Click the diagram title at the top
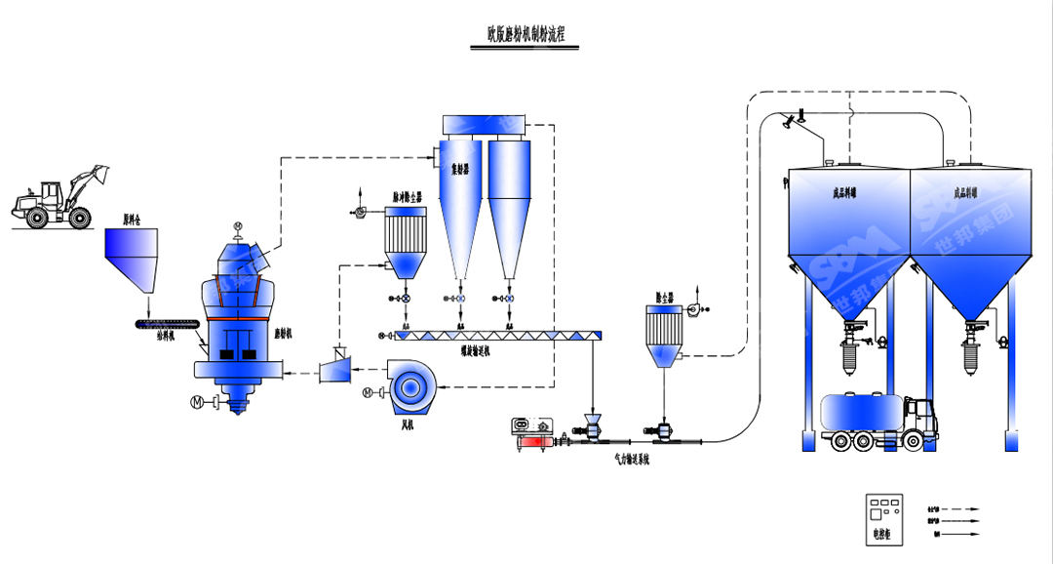click(x=526, y=33)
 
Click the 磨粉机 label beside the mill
click(x=285, y=334)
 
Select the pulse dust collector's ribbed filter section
click(x=400, y=233)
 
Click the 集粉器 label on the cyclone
click(x=461, y=169)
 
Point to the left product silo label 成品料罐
click(x=840, y=194)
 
